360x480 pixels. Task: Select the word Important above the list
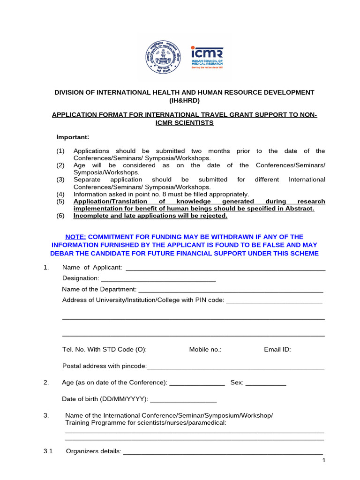click(73, 137)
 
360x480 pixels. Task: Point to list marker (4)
click(60, 194)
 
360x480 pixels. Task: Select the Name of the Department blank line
click(231, 290)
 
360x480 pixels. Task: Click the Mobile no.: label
click(205, 349)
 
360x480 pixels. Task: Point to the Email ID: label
click(277, 349)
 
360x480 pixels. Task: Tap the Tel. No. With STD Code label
click(105, 349)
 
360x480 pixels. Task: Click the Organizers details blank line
click(223, 453)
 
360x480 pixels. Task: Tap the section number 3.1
click(48, 451)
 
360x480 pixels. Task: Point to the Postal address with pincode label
click(105, 366)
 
